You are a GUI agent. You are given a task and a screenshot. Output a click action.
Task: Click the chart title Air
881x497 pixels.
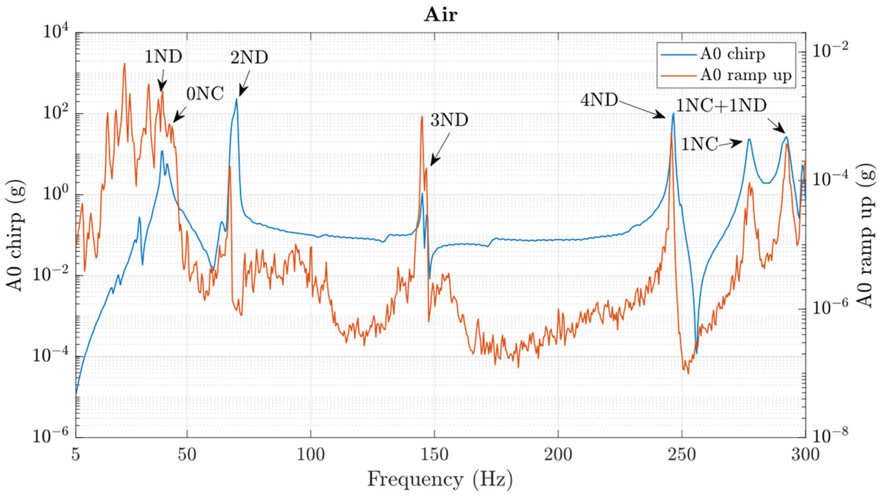[440, 15]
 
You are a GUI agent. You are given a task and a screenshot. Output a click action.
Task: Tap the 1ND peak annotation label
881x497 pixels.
[163, 57]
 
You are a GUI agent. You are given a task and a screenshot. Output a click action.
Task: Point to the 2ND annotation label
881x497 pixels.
[249, 58]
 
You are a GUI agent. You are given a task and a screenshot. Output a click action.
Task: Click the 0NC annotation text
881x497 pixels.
[205, 94]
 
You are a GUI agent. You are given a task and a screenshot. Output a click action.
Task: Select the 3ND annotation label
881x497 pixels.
[449, 120]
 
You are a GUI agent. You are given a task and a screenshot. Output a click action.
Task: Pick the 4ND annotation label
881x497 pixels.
[599, 100]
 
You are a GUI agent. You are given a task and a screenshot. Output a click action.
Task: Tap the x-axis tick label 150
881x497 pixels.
[434, 455]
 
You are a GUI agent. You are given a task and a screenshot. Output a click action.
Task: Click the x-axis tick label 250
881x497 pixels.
[682, 455]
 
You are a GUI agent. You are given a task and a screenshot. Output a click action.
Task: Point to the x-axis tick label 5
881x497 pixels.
[76, 455]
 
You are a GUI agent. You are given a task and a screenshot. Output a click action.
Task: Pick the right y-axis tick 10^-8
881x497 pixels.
[830, 436]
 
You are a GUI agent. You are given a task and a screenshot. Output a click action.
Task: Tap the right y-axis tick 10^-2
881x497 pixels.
[830, 50]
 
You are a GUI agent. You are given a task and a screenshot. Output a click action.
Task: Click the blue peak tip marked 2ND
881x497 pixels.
[236, 99]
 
